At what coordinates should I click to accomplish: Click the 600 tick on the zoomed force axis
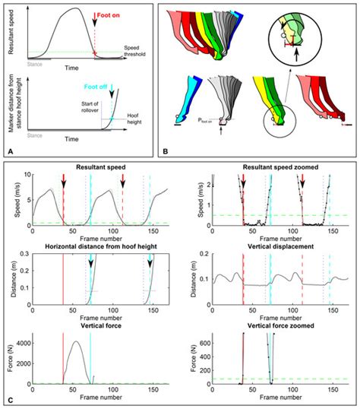tap(205, 342)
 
